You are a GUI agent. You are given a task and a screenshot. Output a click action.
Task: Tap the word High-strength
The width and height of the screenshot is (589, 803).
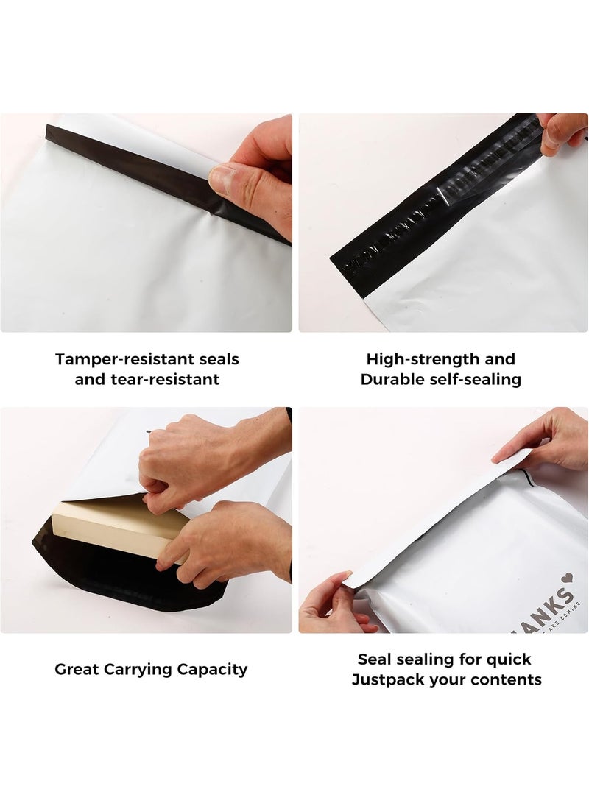(418, 360)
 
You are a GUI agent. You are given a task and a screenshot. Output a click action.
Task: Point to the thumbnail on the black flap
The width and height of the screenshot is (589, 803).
(222, 177)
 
